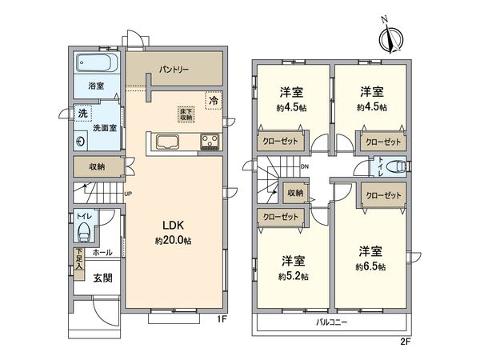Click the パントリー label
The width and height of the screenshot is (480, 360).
click(x=172, y=70)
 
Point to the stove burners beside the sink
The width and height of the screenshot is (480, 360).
click(x=210, y=143)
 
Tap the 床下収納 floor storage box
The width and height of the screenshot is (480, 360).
click(x=186, y=114)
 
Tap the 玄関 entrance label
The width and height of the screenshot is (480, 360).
click(x=102, y=278)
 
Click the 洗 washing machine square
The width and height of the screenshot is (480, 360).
click(x=83, y=114)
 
